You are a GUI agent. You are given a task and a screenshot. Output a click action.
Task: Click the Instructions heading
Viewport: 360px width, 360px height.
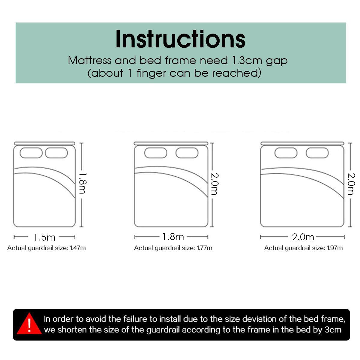(x=180, y=39)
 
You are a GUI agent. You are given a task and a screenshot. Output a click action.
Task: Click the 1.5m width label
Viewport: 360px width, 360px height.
(x=44, y=237)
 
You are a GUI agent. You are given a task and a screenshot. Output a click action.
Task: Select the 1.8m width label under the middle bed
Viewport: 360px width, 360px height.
(x=173, y=237)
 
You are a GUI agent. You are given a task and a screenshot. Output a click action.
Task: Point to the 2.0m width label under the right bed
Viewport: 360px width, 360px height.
(x=303, y=237)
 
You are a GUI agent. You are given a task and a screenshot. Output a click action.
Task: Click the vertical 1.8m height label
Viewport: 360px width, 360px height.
(x=82, y=183)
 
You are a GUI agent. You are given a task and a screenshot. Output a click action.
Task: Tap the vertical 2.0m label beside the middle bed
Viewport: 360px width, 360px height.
(x=214, y=184)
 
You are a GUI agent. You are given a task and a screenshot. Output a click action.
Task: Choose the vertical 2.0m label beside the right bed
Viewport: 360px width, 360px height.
(x=351, y=184)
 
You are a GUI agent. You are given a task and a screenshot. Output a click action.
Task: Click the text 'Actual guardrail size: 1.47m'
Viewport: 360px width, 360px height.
(x=46, y=248)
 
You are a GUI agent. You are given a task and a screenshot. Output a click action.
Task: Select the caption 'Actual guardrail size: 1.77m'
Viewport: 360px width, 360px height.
(x=173, y=248)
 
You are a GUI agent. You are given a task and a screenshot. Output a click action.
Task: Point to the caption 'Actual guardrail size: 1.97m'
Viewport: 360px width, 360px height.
(x=303, y=248)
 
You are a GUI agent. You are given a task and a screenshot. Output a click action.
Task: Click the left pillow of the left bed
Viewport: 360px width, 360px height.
(x=31, y=153)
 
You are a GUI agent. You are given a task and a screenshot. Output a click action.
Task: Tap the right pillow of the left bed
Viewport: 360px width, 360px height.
(x=56, y=153)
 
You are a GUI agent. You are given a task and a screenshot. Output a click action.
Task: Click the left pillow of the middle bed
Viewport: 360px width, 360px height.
(x=156, y=153)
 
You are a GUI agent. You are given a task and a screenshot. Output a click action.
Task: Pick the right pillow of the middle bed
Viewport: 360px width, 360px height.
(x=187, y=153)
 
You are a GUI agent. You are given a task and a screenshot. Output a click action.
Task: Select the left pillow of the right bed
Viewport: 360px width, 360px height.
(x=286, y=153)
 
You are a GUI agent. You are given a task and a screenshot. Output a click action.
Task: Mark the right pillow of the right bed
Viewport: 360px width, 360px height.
(x=317, y=153)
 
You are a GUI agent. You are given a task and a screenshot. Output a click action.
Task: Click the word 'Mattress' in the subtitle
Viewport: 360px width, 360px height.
(x=89, y=61)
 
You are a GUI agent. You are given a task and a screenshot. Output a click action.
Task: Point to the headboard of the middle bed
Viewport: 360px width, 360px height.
(x=171, y=143)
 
